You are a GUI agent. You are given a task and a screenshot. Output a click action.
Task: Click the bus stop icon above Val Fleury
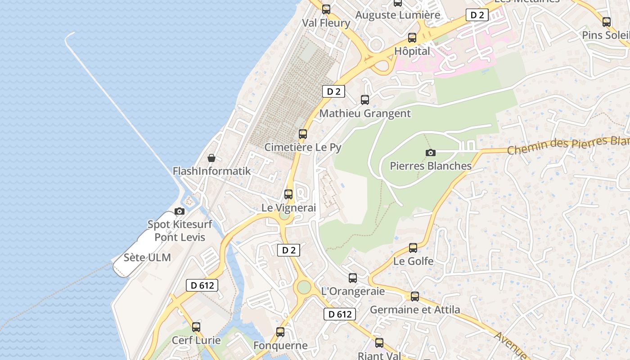pyautogui.click(x=326, y=9)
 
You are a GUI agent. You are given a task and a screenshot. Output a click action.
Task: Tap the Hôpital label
pyautogui.click(x=412, y=51)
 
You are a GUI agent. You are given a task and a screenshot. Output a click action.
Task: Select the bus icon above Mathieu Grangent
pyautogui.click(x=365, y=100)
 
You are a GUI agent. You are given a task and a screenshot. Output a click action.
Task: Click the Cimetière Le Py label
pyautogui.click(x=303, y=147)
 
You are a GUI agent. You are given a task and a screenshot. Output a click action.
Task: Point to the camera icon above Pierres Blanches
pyautogui.click(x=431, y=153)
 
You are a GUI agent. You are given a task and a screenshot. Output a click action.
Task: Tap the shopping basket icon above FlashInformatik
pyautogui.click(x=211, y=158)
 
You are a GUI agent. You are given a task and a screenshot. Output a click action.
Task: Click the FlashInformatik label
pyautogui.click(x=211, y=171)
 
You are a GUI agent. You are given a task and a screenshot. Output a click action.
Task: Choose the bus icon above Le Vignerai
pyautogui.click(x=288, y=194)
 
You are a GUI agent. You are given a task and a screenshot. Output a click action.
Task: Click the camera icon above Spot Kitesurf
pyautogui.click(x=180, y=211)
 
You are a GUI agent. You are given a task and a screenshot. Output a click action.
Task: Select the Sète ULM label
pyautogui.click(x=147, y=258)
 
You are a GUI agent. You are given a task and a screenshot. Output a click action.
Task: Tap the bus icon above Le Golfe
pyautogui.click(x=413, y=247)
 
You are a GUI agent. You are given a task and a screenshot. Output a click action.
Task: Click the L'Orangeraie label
pyautogui.click(x=353, y=292)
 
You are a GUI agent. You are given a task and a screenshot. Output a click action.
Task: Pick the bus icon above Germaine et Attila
pyautogui.click(x=415, y=297)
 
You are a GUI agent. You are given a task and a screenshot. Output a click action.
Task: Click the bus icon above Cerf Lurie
pyautogui.click(x=196, y=327)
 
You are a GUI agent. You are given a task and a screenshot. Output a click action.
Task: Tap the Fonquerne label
pyautogui.click(x=280, y=346)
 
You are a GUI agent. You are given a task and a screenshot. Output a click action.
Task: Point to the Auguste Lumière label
pyautogui.click(x=398, y=15)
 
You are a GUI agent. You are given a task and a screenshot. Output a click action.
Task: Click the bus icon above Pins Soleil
pyautogui.click(x=607, y=22)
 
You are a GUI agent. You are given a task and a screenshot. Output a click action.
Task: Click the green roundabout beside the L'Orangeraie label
pyautogui.click(x=304, y=287)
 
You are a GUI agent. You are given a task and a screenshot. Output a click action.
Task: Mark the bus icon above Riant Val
pyautogui.click(x=379, y=343)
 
